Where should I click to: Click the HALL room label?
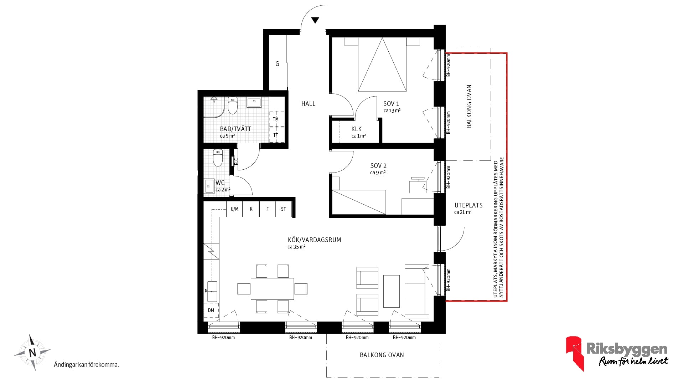pyautogui.click(x=308, y=104)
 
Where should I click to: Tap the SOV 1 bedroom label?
pyautogui.click(x=391, y=104)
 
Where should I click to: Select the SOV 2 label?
pyautogui.click(x=378, y=166)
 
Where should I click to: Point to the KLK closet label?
pyautogui.click(x=356, y=129)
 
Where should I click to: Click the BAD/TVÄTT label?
pyautogui.click(x=235, y=129)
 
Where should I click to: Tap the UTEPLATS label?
pyautogui.click(x=468, y=205)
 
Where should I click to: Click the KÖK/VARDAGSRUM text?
pyautogui.click(x=314, y=240)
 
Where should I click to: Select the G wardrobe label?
pyautogui.click(x=277, y=64)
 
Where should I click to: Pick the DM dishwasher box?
pyautogui.click(x=211, y=310)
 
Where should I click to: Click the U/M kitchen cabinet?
pyautogui.click(x=234, y=209)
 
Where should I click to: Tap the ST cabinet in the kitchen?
pyautogui.click(x=284, y=209)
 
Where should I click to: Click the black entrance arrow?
pyautogui.click(x=315, y=20)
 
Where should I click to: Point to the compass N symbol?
pyautogui.click(x=32, y=353)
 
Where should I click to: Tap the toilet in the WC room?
pyautogui.click(x=218, y=158)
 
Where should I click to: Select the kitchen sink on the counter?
pyautogui.click(x=212, y=291)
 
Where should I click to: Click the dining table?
pyautogui.click(x=273, y=289)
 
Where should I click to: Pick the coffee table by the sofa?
pyautogui.click(x=392, y=291)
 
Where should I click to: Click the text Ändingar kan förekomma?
pyautogui.click(x=86, y=365)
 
